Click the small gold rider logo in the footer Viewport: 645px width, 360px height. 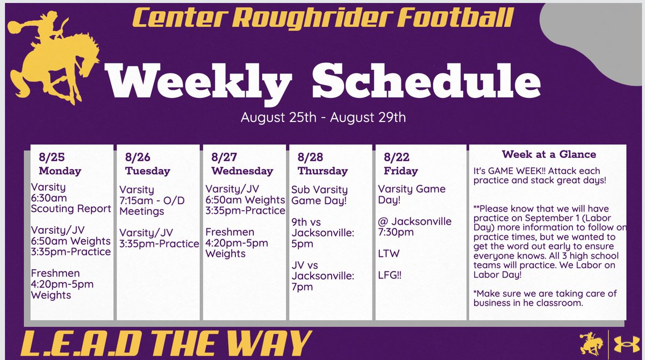click(x=591, y=341)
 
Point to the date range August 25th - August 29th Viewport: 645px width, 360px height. click(x=323, y=117)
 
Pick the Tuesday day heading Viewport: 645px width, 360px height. click(x=147, y=171)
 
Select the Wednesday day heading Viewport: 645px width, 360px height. click(x=242, y=171)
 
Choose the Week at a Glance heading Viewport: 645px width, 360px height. click(x=549, y=154)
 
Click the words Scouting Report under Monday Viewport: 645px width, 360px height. click(x=71, y=208)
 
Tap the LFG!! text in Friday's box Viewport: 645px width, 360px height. click(x=391, y=275)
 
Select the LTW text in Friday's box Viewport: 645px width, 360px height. click(x=389, y=253)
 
